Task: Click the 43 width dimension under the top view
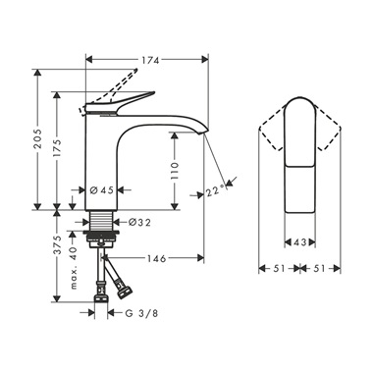[298, 240]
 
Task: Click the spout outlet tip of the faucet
[205, 134]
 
